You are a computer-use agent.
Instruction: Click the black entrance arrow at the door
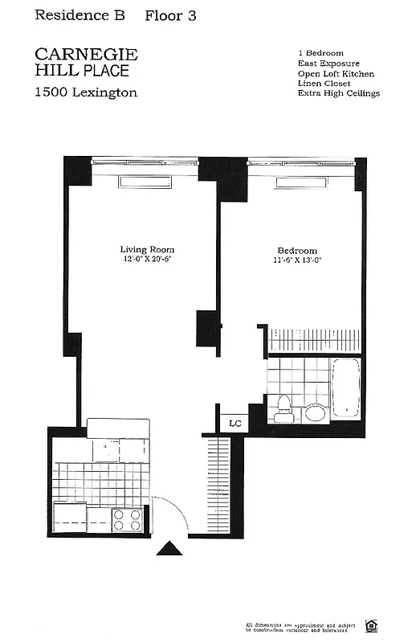[169, 548]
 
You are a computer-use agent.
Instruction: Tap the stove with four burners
[126, 519]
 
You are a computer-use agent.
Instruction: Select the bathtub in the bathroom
[346, 387]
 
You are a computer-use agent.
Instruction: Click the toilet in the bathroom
[283, 409]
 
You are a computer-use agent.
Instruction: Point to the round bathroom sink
[316, 413]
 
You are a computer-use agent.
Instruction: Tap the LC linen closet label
[235, 423]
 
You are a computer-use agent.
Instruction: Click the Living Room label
[147, 249]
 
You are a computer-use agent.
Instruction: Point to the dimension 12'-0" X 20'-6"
[148, 260]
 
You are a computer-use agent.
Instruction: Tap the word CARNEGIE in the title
[86, 54]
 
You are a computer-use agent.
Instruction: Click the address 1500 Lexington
[85, 92]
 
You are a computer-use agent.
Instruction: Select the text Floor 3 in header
[170, 15]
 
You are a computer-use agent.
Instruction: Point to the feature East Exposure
[328, 63]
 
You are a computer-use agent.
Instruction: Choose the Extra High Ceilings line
[338, 93]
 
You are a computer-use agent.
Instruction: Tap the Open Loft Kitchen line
[336, 73]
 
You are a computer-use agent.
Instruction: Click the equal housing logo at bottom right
[372, 625]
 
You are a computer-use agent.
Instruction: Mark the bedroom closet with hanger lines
[314, 339]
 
